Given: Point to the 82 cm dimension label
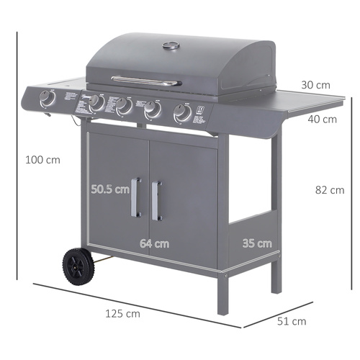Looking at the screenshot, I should point(330,190).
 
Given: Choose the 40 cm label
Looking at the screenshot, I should point(322,120).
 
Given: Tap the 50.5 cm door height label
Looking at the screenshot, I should point(111,190).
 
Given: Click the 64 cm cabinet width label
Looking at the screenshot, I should point(154,243).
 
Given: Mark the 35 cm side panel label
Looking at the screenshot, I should point(257,243).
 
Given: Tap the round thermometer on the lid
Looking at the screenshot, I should point(171,46).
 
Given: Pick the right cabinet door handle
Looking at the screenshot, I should point(156,199).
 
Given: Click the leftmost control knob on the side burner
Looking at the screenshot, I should point(48,99).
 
